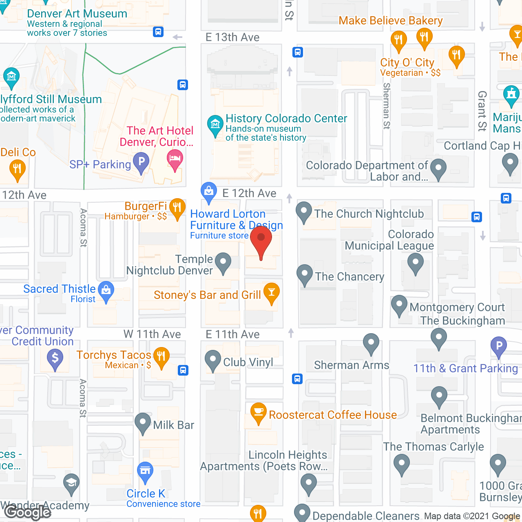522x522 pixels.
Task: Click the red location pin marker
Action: click(261, 239)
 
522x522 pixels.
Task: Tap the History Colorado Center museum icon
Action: click(215, 124)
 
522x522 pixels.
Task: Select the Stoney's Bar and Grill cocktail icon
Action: click(272, 292)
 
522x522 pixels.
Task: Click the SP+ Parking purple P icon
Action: click(142, 161)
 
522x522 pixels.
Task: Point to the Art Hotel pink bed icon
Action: click(175, 158)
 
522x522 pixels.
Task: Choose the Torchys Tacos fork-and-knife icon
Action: click(161, 356)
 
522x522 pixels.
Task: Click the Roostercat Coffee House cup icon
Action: click(259, 412)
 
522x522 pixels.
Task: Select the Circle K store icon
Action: click(145, 471)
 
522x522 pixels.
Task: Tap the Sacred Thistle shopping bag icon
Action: click(106, 290)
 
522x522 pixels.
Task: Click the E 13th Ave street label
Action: click(232, 38)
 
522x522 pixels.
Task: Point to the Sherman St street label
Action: click(387, 106)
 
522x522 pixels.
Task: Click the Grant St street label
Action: click(482, 111)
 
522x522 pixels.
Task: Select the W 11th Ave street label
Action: click(152, 334)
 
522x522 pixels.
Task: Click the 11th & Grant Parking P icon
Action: click(499, 346)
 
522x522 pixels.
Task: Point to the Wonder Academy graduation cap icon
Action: click(71, 483)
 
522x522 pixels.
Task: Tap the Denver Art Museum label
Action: click(77, 14)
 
